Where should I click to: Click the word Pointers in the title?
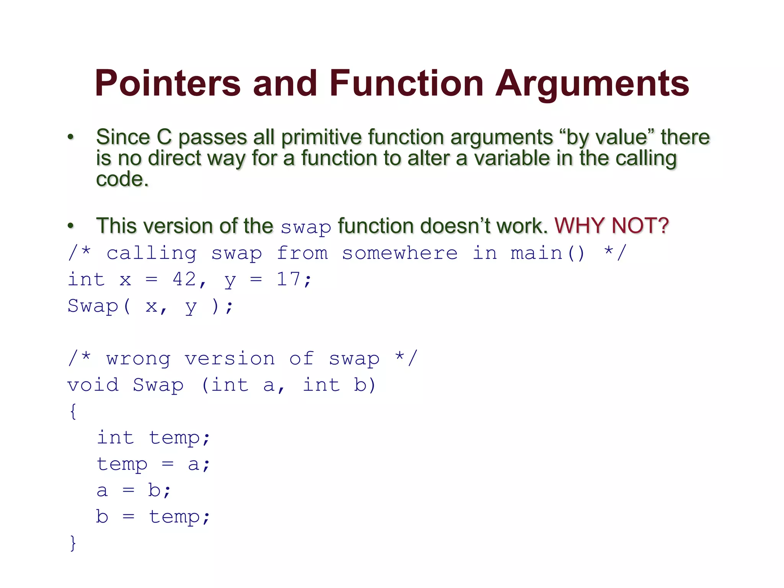pyautogui.click(x=168, y=83)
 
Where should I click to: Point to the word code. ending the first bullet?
pyautogui.click(x=122, y=179)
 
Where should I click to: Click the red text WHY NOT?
pyautogui.click(x=611, y=225)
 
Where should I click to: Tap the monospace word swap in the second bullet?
pyautogui.click(x=305, y=227)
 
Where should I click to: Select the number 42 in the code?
pyautogui.click(x=185, y=279)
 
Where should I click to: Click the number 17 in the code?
pyautogui.click(x=289, y=279)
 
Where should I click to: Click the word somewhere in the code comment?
pyautogui.click(x=399, y=253)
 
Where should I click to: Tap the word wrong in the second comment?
pyautogui.click(x=138, y=359)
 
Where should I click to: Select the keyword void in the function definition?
pyautogui.click(x=93, y=385)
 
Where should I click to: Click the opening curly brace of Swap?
pyautogui.click(x=73, y=412)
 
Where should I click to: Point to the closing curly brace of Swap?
pyautogui.click(x=73, y=543)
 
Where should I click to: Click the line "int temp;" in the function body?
pyautogui.click(x=153, y=438)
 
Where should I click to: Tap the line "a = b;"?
pyautogui.click(x=134, y=490)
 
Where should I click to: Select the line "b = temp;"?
pyautogui.click(x=153, y=517)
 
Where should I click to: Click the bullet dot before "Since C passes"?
pyautogui.click(x=70, y=137)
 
